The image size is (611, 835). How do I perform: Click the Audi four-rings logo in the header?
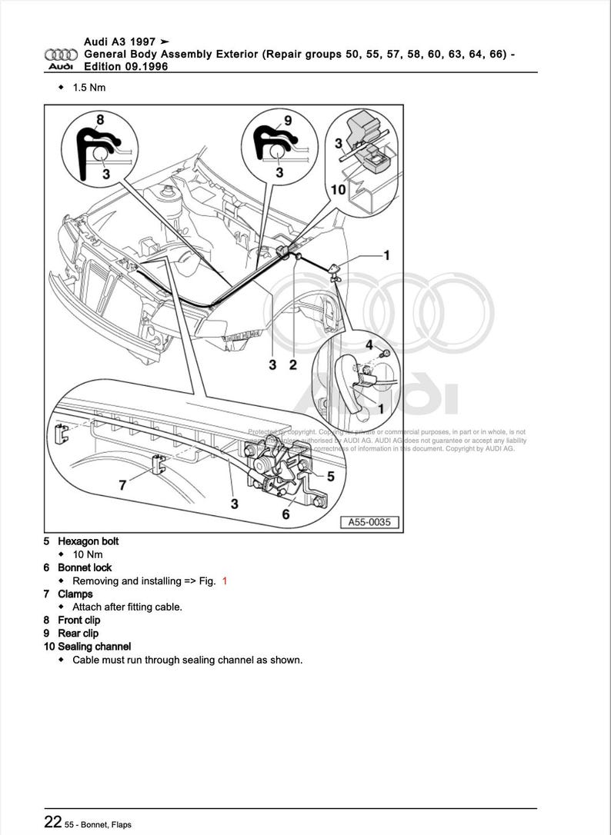[61, 55]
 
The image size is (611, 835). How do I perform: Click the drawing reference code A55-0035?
[369, 522]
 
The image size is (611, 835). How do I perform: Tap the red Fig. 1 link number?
[225, 581]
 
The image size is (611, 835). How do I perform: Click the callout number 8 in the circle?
[100, 119]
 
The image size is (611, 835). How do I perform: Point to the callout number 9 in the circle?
[288, 120]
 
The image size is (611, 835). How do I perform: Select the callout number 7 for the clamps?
[122, 484]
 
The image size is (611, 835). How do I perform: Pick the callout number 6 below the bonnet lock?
[285, 514]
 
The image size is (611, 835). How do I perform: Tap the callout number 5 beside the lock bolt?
[330, 476]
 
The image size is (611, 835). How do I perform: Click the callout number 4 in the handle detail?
[369, 344]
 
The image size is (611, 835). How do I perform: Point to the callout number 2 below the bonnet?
[292, 364]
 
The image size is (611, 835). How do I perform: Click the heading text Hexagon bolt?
[88, 541]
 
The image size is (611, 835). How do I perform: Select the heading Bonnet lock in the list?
[85, 567]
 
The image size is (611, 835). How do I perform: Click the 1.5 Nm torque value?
[88, 87]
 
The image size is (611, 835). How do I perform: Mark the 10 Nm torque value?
[87, 554]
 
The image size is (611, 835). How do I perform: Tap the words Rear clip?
[78, 634]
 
